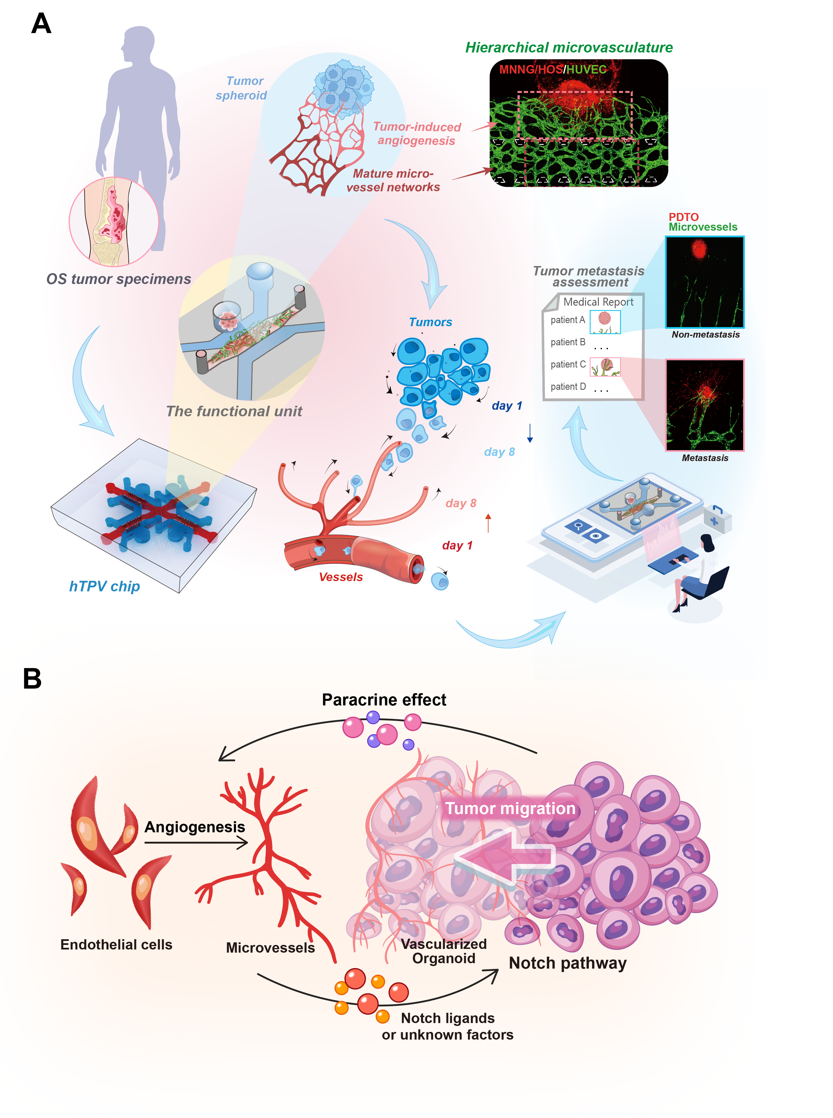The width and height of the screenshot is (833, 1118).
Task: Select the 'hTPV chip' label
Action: [x=104, y=586]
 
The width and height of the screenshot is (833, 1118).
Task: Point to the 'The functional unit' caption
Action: [x=234, y=411]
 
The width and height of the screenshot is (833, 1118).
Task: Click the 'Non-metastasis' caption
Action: [x=705, y=335]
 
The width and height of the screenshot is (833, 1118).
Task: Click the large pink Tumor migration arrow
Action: [x=504, y=857]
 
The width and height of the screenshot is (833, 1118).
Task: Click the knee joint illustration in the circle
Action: [x=114, y=222]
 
